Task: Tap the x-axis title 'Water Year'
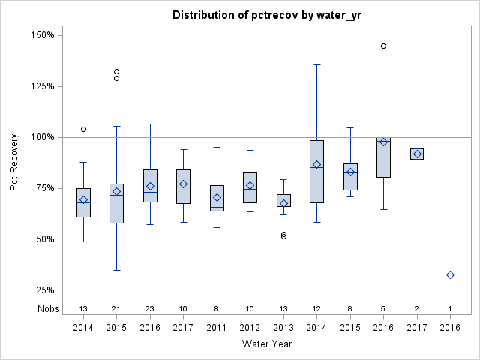[267, 344]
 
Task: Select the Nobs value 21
[116, 308]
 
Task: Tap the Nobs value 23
[150, 308]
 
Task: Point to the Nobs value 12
[316, 308]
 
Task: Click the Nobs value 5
[383, 308]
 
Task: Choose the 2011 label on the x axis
[217, 327]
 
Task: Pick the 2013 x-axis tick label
[283, 327]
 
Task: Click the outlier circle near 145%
[383, 46]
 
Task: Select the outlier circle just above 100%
[83, 129]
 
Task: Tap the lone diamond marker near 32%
[450, 275]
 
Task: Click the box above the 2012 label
[250, 187]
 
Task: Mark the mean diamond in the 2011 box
[217, 198]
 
